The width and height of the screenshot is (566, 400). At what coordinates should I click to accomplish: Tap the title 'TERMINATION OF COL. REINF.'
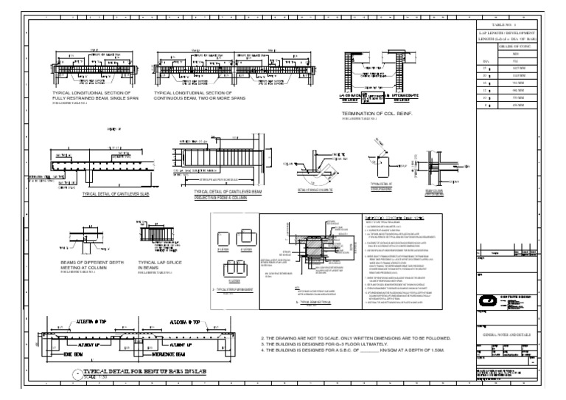pos(374,113)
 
